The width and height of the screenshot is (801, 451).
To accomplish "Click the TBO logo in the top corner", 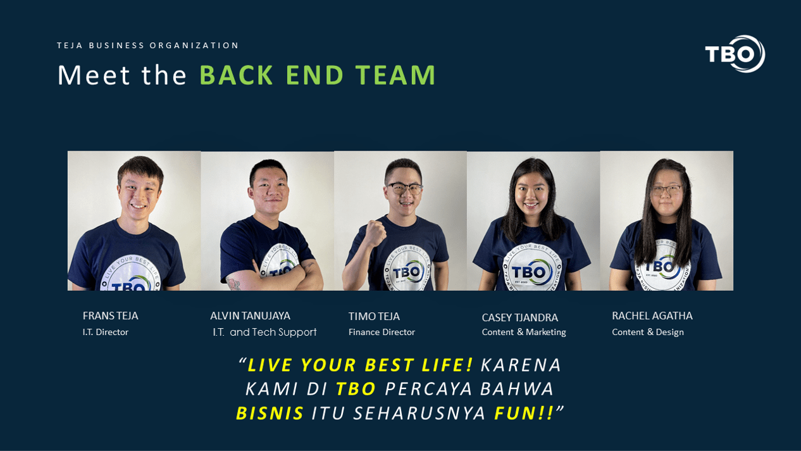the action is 735,54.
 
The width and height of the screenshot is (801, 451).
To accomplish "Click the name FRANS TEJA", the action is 110,315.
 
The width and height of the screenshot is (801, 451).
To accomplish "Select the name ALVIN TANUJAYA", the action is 251,315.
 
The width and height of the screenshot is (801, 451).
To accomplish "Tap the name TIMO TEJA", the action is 374,317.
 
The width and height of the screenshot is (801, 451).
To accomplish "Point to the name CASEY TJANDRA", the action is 520,317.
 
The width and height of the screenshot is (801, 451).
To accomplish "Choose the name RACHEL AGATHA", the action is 652,315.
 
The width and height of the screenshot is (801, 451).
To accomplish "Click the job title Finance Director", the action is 382,332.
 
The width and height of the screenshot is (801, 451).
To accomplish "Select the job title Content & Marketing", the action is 524,332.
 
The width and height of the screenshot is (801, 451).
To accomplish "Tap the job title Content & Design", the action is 648,332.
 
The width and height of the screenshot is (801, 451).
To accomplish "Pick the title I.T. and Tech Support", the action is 264,332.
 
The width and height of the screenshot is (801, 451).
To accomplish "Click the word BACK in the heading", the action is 237,75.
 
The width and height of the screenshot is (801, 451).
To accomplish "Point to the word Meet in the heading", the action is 94,75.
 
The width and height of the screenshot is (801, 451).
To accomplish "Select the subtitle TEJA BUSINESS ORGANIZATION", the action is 147,46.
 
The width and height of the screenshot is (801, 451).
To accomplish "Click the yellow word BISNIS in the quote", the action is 270,413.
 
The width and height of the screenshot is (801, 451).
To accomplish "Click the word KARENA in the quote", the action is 521,365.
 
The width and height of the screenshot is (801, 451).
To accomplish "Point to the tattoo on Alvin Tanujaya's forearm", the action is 234,284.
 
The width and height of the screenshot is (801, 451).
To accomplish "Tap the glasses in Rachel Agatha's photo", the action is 666,191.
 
